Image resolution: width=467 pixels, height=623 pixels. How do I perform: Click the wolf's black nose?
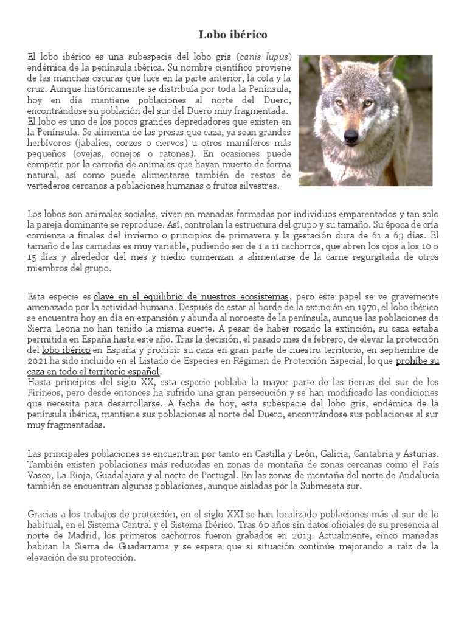pos(351,136)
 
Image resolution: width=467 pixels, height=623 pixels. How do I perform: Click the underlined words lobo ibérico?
pos(66,350)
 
